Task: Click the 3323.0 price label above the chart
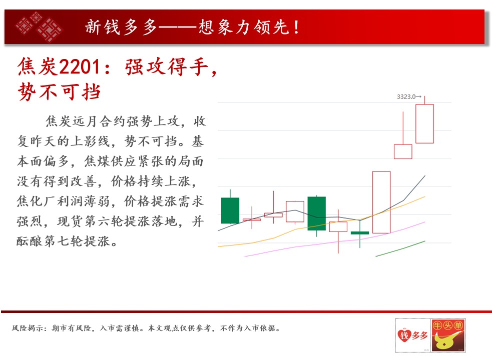[409, 97]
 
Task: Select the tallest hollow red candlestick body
[381, 202]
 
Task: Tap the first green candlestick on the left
[230, 210]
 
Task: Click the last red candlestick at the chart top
[424, 123]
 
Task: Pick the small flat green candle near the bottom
[359, 232]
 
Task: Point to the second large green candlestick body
[317, 213]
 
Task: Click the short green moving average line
[400, 248]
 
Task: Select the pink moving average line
[334, 240]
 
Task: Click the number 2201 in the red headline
[80, 67]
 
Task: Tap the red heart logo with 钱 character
[404, 335]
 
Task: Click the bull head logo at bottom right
[448, 335]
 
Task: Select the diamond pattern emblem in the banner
[39, 26]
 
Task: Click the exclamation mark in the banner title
[296, 27]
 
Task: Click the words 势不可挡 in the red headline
[59, 92]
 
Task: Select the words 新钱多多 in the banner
[121, 27]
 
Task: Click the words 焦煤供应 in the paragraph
[111, 161]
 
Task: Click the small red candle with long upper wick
[403, 151]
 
